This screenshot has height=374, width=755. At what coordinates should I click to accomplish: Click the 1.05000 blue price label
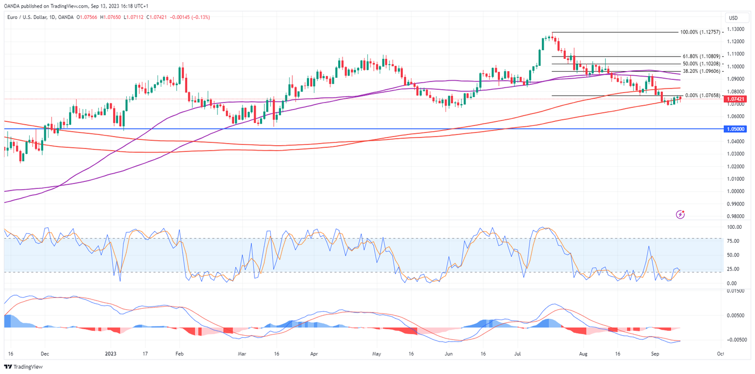[x=736, y=129]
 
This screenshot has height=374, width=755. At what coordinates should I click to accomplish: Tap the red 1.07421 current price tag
[x=736, y=99]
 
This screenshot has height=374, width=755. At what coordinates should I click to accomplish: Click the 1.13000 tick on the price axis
[x=736, y=29]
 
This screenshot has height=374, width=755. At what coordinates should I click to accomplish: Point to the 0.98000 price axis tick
[x=736, y=216]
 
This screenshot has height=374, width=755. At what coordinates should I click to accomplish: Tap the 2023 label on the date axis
[x=110, y=354]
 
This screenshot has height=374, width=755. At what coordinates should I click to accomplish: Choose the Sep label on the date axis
[x=655, y=354]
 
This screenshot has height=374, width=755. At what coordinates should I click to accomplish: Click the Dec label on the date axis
[x=45, y=354]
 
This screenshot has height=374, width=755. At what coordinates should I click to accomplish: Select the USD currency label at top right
[x=733, y=18]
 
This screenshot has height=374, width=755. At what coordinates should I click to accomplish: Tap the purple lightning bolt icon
[x=681, y=214]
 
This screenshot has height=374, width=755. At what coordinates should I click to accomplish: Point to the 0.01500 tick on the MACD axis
[x=737, y=291]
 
